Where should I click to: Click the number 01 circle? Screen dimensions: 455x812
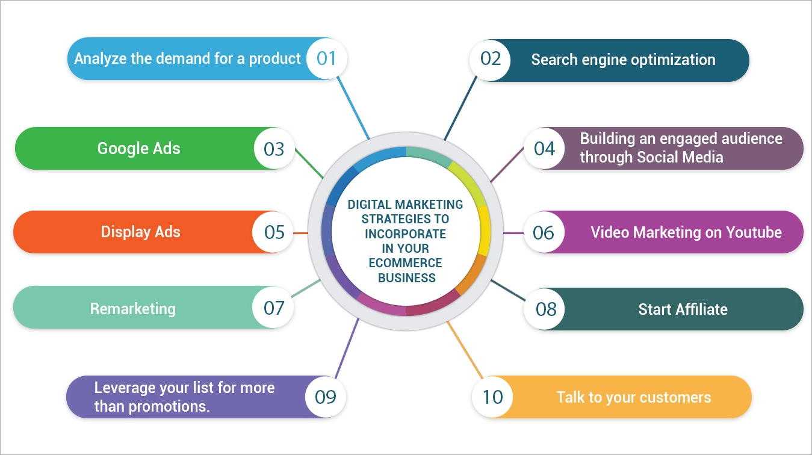(326, 58)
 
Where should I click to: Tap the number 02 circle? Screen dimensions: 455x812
(491, 59)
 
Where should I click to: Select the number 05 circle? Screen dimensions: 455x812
(274, 232)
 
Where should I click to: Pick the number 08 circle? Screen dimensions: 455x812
(546, 309)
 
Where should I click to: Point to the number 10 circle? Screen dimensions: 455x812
(492, 397)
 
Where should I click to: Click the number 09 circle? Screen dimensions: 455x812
(326, 397)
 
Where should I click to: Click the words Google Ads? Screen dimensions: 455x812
(138, 148)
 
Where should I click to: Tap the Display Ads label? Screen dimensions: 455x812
(140, 232)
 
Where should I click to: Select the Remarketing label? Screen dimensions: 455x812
(132, 309)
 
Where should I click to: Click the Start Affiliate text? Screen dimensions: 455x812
(683, 309)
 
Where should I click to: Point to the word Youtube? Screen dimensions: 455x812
(754, 232)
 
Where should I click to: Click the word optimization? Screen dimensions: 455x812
(672, 60)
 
